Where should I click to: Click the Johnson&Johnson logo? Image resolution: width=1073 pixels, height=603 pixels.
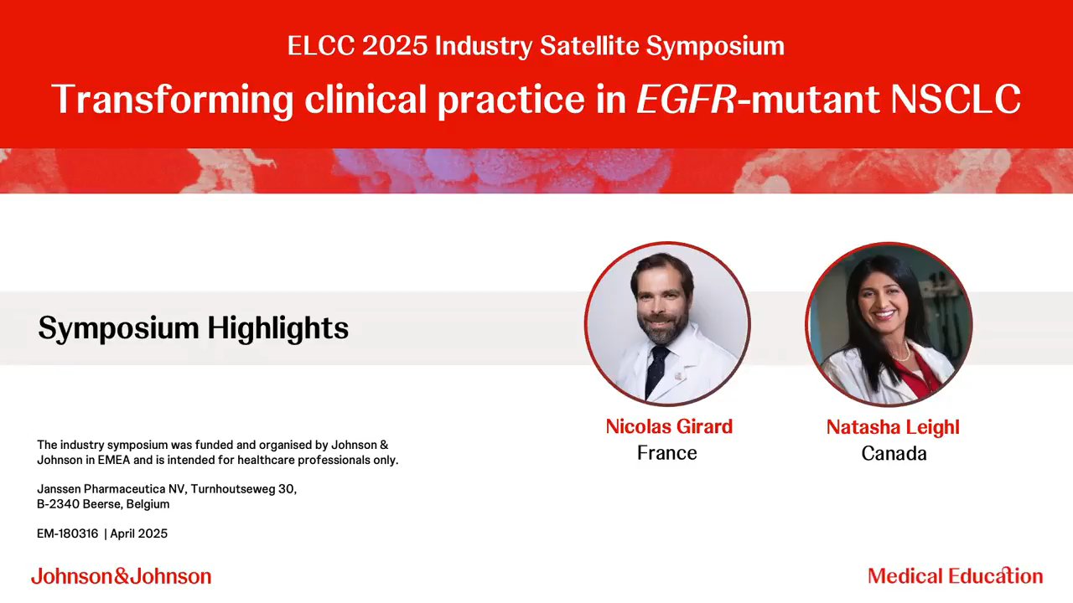122,576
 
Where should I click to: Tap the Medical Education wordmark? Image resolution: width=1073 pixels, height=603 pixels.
955,575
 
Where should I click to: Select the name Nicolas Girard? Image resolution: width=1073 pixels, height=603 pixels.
669,426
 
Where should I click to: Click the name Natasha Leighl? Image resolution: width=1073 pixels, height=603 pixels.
893,427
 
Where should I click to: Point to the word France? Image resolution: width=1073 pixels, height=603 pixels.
666,453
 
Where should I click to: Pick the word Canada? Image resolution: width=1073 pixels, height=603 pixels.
894,453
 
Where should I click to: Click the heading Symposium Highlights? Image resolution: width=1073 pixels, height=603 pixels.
194,328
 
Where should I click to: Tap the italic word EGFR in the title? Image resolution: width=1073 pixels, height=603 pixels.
686,99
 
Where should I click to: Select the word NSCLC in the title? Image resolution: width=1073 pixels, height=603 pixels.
956,99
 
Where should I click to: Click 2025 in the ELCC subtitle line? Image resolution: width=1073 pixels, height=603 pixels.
395,46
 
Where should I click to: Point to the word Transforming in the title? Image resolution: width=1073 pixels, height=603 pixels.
173,100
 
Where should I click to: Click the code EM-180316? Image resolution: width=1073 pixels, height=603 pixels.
68,533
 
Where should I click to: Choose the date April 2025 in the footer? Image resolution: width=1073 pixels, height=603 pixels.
139,533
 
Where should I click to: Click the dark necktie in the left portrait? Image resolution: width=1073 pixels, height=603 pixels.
656,371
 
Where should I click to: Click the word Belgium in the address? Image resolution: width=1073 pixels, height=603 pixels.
148,504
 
